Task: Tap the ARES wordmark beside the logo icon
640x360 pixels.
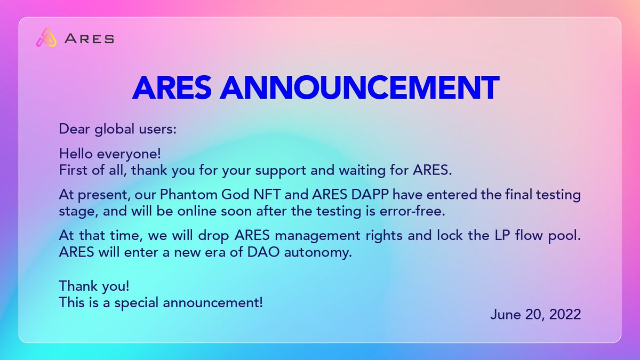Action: click(89, 38)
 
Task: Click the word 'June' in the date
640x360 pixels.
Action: click(504, 314)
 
